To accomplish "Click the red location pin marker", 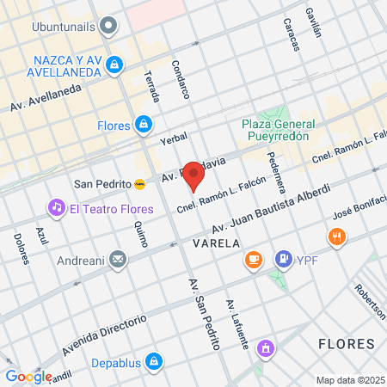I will [194, 179].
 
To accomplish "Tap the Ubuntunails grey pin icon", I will [108, 25].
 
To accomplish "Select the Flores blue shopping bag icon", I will [144, 125].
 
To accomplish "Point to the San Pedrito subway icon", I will [139, 183].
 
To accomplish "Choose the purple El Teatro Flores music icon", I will [57, 208].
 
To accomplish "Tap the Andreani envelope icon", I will [118, 260].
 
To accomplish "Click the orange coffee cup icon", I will [253, 259].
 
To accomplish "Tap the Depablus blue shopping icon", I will [153, 361].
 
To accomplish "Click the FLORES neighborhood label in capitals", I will [346, 344].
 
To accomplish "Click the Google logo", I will [28, 376].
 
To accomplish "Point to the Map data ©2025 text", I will [350, 380].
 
